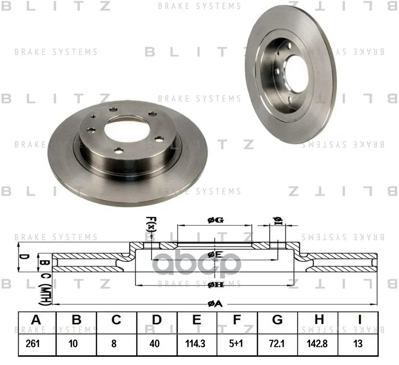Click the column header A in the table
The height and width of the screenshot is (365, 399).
coord(36,320)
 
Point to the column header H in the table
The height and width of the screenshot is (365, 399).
coord(317,320)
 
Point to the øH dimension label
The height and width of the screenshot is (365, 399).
coord(215,285)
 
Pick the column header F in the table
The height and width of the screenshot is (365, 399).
coord(236,320)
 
